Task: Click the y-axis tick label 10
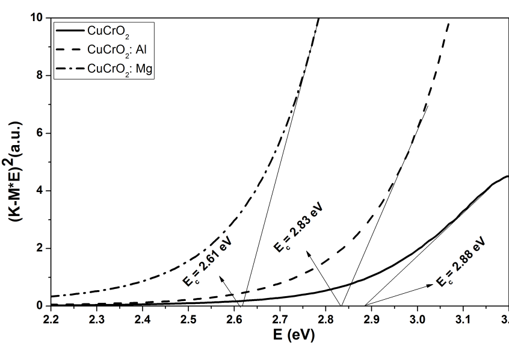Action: (37, 18)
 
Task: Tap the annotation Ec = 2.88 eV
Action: (460, 262)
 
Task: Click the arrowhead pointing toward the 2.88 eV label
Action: (430, 286)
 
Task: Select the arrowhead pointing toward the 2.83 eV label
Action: (309, 253)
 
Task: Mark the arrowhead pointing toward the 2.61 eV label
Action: (221, 277)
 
